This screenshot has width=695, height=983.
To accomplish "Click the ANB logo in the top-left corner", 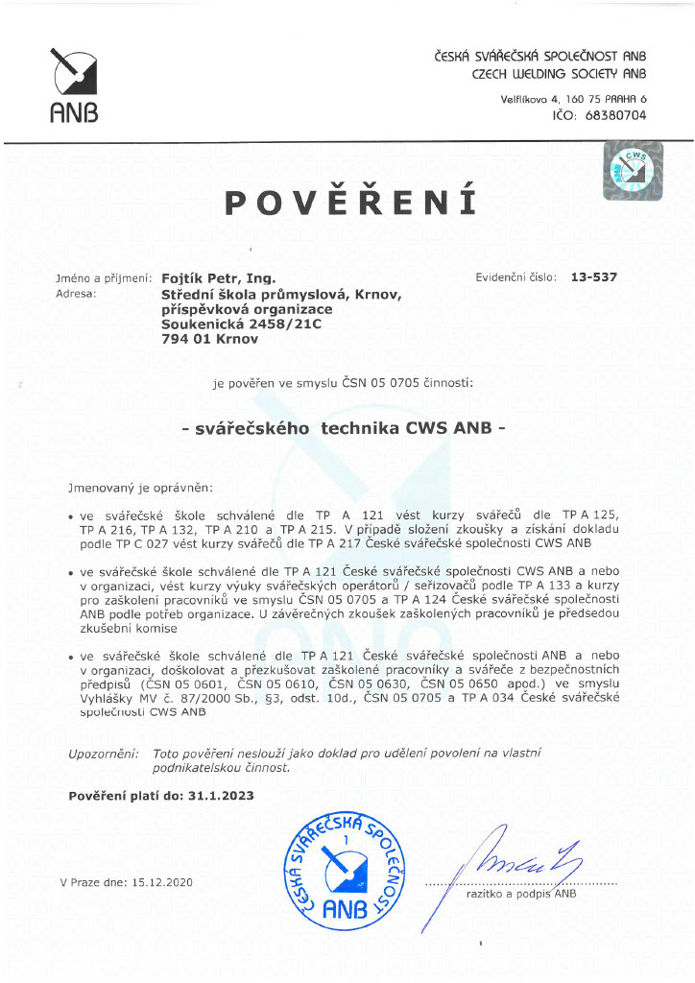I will pyautogui.click(x=74, y=84).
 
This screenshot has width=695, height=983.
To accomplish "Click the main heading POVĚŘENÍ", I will pyautogui.click(x=350, y=202).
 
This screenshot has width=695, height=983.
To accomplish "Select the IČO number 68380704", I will pyautogui.click(x=613, y=115).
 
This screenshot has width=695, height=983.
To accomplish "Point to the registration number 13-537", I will pyautogui.click(x=593, y=278).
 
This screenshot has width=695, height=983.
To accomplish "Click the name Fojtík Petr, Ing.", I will pyautogui.click(x=206, y=278).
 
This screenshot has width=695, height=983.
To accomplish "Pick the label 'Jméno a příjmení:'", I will pyautogui.click(x=105, y=278).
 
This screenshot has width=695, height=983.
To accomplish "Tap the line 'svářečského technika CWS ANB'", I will pyautogui.click(x=343, y=429).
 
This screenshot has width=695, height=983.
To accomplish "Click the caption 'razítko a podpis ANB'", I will pyautogui.click(x=522, y=894).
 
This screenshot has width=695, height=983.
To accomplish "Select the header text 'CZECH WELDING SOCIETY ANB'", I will pyautogui.click(x=553, y=74).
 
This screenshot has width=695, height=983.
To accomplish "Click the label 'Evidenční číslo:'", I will pyautogui.click(x=516, y=278).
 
